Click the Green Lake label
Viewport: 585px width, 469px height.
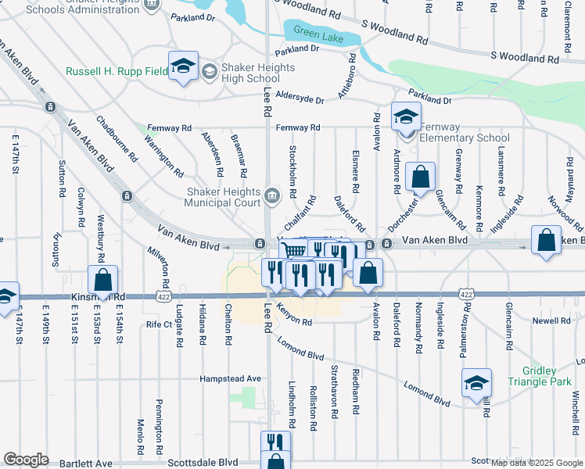click(319, 32)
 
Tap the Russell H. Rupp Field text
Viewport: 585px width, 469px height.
click(115, 72)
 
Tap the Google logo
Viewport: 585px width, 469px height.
click(26, 460)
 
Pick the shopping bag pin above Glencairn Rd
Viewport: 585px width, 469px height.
click(421, 177)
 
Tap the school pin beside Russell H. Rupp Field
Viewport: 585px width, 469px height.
click(183, 66)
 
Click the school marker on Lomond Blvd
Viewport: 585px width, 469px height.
click(476, 383)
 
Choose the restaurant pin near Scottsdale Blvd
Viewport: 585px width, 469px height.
click(274, 442)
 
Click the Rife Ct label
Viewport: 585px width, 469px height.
click(158, 324)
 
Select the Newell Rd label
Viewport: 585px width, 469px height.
click(552, 320)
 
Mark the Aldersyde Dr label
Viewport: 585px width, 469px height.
click(295, 100)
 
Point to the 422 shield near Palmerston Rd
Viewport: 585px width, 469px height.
click(466, 294)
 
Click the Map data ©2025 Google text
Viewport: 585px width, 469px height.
click(535, 463)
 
